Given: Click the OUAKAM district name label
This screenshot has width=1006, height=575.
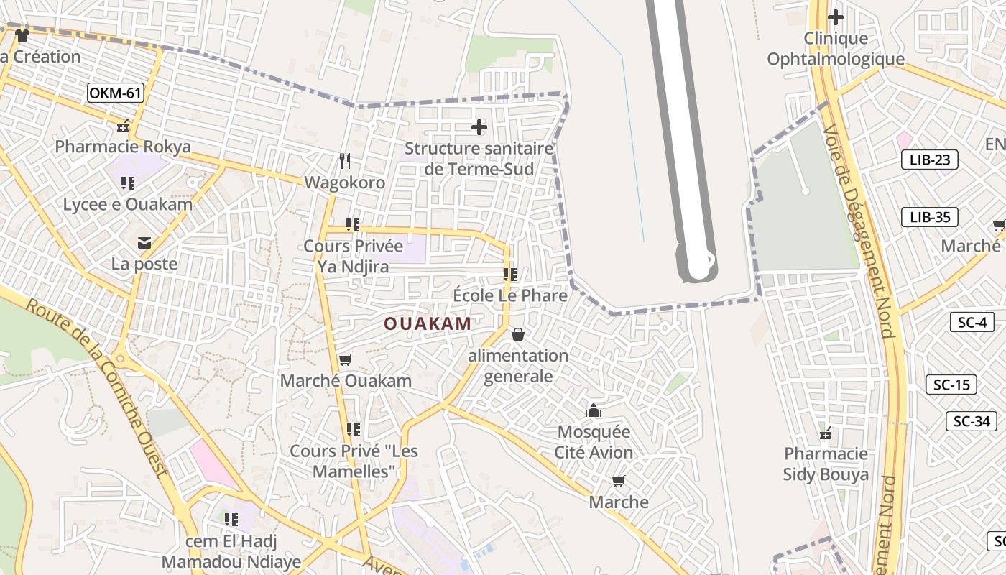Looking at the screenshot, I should click(x=428, y=323).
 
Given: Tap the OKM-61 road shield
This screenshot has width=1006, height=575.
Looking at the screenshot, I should click(x=116, y=93).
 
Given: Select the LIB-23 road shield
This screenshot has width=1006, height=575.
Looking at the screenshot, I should click(x=930, y=160).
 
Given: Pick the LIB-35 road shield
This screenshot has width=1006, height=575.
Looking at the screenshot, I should click(x=930, y=217).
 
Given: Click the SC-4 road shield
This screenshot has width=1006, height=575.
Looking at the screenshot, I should click(x=972, y=322).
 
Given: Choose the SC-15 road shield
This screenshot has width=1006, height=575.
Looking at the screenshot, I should click(x=951, y=385).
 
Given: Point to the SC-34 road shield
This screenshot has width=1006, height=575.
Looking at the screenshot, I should click(x=972, y=421).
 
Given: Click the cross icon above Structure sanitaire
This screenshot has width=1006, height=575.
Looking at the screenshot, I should click(x=479, y=128).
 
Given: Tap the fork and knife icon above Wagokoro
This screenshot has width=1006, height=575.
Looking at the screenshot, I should click(x=346, y=161).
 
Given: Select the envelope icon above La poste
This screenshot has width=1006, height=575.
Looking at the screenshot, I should click(x=144, y=242).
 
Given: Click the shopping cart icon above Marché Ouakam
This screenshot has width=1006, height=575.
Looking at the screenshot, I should click(x=346, y=359).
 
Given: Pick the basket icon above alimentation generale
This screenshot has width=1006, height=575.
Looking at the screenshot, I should click(x=517, y=334).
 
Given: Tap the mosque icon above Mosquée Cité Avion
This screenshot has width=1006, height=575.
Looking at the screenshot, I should click(x=594, y=410).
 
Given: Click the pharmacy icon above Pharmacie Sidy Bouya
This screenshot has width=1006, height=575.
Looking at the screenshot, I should click(x=826, y=433).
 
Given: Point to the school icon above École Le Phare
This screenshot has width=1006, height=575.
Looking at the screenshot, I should click(x=510, y=274).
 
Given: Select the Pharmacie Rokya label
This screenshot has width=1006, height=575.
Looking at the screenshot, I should click(x=123, y=147).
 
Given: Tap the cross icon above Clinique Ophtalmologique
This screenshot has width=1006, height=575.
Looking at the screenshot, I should click(x=836, y=17).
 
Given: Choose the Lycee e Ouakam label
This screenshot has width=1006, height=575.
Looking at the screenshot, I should click(x=128, y=204).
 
